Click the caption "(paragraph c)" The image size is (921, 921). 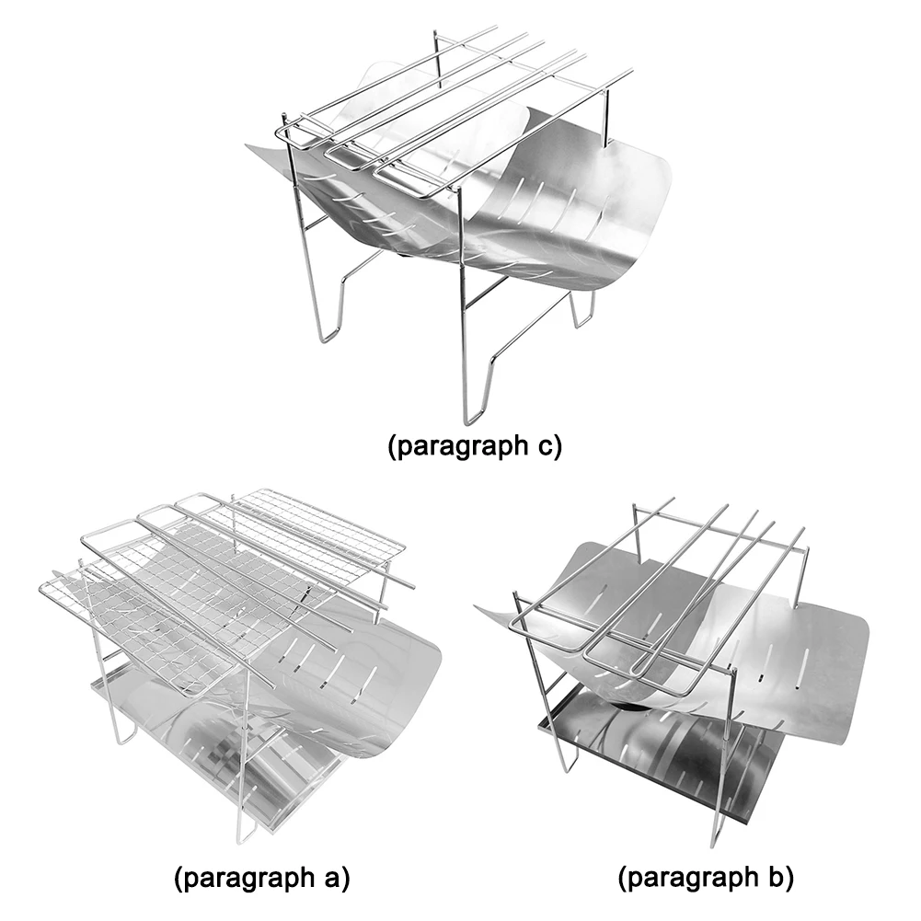[473, 448]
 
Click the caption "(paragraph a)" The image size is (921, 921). [262, 878]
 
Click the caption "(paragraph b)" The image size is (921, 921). [706, 878]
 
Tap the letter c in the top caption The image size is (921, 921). [544, 448]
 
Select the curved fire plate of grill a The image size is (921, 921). [368, 681]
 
